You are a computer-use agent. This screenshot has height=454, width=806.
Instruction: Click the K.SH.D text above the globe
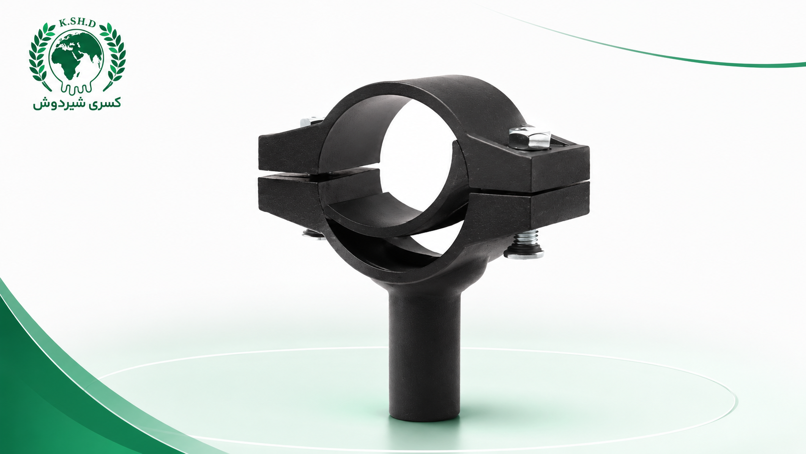point(77,24)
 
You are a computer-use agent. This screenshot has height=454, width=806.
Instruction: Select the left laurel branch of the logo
point(40,56)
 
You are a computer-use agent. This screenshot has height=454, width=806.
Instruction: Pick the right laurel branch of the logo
point(114,56)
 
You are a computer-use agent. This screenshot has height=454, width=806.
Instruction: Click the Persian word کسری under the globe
point(105,103)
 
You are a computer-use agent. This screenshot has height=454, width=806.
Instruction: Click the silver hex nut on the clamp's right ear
point(530,137)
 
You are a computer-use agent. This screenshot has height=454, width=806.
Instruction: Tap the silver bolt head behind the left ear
point(309,122)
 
